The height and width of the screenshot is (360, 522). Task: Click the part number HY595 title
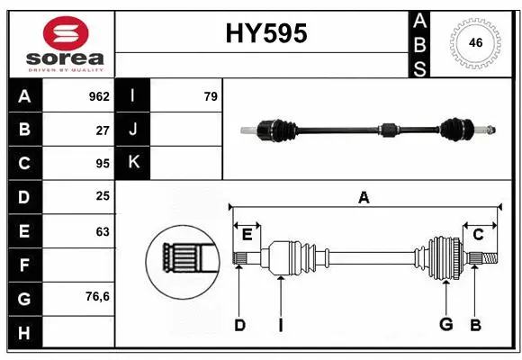click(265, 33)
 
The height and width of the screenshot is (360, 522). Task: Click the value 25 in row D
click(103, 196)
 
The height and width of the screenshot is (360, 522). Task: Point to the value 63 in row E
click(103, 231)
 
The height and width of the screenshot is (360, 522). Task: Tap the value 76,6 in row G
click(96, 296)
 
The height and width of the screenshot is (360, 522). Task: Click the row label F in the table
click(24, 265)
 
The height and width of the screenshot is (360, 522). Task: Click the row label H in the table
click(24, 332)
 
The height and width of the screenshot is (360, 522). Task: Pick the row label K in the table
click(133, 163)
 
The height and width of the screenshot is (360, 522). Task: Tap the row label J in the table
click(133, 130)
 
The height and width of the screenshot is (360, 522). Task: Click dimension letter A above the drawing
click(364, 197)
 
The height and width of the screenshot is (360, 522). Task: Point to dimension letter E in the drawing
click(247, 235)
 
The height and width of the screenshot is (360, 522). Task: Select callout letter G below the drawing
click(445, 325)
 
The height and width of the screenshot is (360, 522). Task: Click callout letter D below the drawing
click(239, 325)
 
